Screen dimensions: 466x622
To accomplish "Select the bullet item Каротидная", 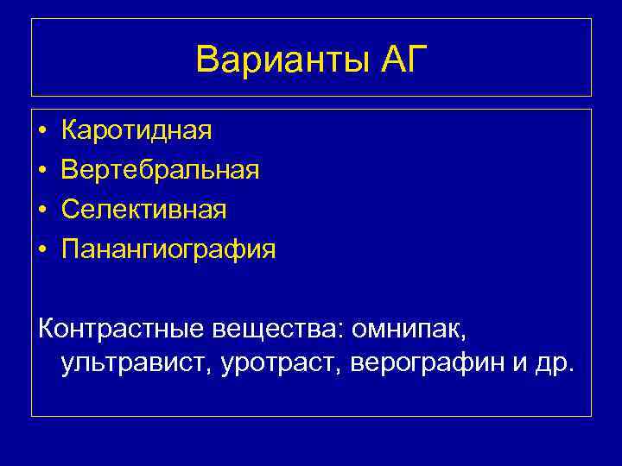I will [136, 131].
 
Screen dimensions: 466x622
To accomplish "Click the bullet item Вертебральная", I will [160, 170].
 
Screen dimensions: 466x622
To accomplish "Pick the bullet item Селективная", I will [144, 210].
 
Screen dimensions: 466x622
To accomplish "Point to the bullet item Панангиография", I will [168, 250].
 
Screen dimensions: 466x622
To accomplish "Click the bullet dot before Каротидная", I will [42, 132].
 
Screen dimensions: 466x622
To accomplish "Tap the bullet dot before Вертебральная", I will [42, 171].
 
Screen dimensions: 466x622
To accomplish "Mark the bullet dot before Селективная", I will [42, 211].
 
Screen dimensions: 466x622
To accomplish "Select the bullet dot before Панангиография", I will [42, 250].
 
